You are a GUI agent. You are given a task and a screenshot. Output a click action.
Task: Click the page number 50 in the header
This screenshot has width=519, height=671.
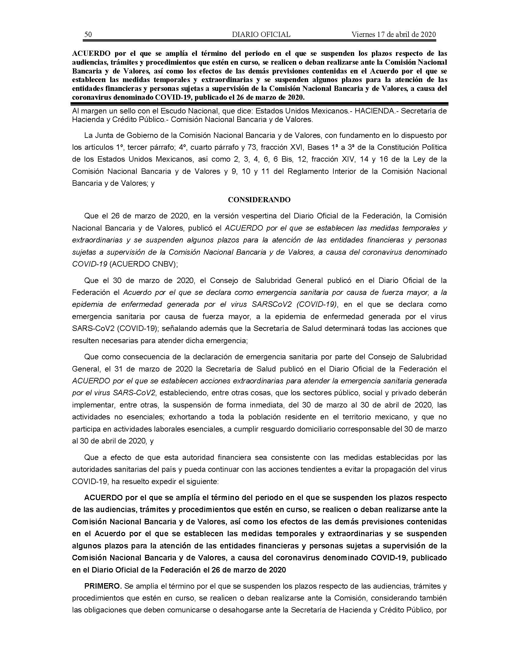tap(88, 34)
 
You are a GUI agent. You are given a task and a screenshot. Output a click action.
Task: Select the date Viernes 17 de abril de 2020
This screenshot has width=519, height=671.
tap(394, 34)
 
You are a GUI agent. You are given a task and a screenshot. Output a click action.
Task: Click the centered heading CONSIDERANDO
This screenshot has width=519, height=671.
tap(259, 200)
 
